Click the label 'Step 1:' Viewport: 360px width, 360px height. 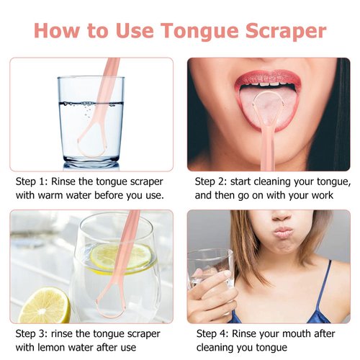pyautogui.click(x=32, y=181)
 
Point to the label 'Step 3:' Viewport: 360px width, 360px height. pyautogui.click(x=32, y=334)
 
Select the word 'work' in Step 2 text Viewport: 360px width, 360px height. pyautogui.click(x=338, y=195)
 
